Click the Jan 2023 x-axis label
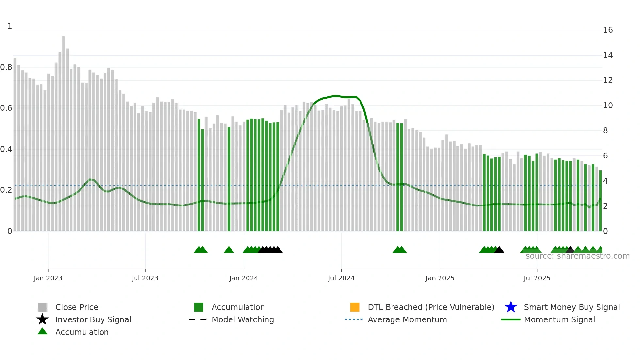coord(48,278)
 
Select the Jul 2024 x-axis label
coord(341,278)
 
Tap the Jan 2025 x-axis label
coord(440,278)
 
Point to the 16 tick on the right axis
coord(608,30)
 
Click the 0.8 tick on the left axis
coord(6,67)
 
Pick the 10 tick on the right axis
coord(608,106)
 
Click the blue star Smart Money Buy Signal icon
coord(511,307)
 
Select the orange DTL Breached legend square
coord(355,307)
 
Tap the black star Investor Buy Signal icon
coord(42,319)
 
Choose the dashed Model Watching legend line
coord(198,319)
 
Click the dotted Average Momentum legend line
coord(354,319)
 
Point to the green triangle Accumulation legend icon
coord(42,331)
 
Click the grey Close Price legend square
coord(42,307)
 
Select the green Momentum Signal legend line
coord(511,319)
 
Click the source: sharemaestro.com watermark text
coord(577,256)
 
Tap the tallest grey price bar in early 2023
coord(64,131)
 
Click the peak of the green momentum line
coord(335,96)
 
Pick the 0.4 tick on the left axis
coord(6,149)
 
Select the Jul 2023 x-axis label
coord(145,278)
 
